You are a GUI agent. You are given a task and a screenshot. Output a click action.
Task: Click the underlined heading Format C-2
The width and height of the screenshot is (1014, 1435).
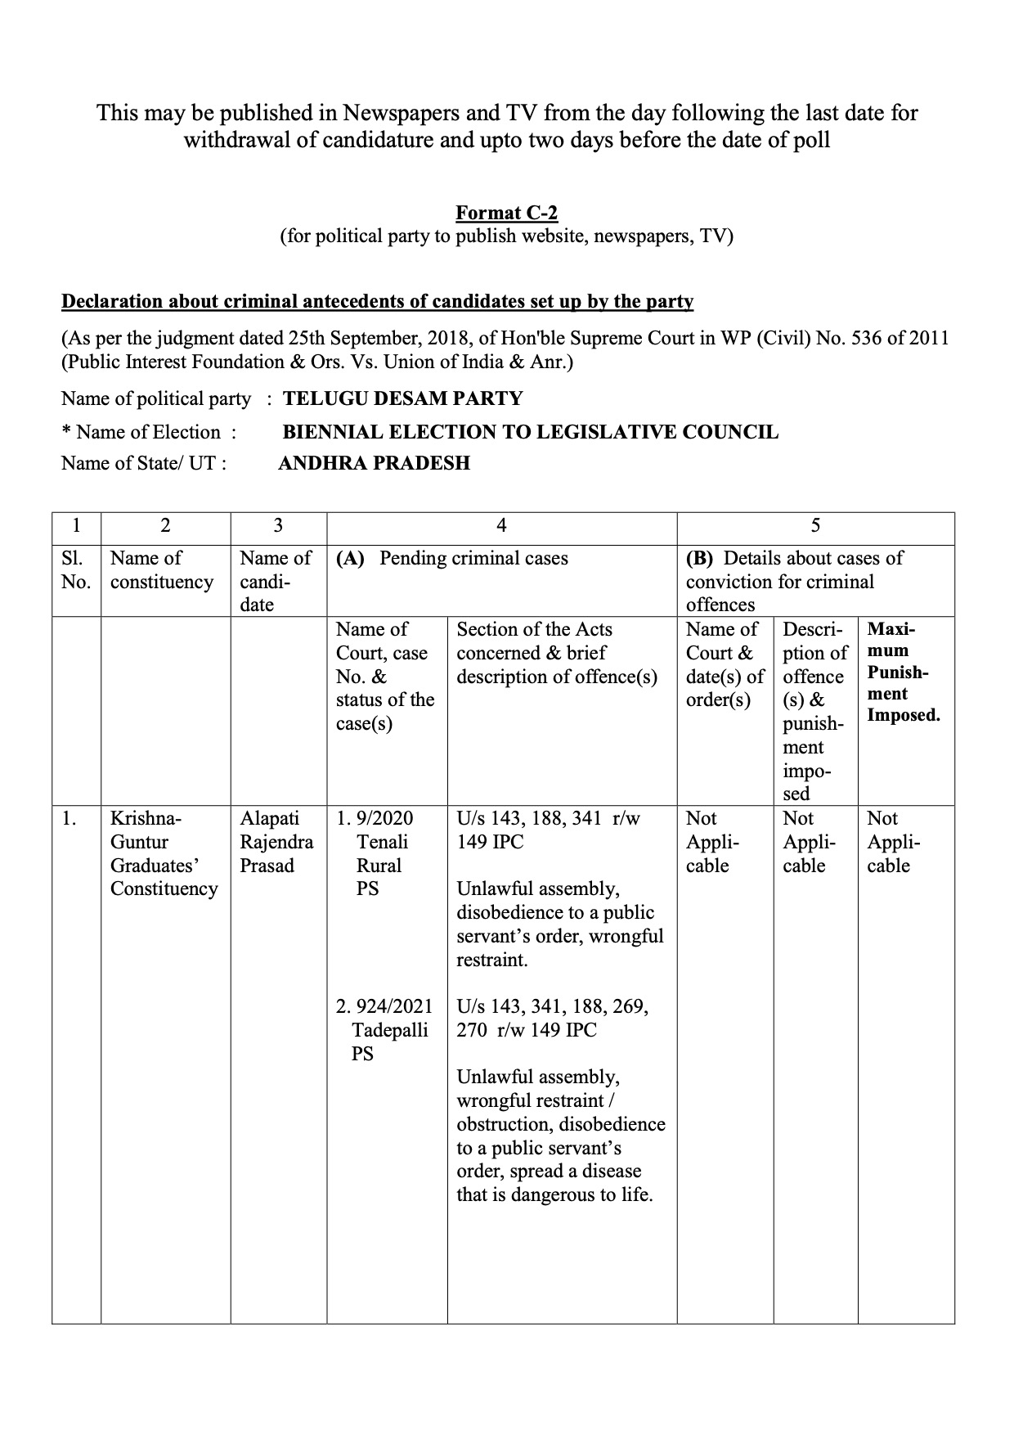(506, 214)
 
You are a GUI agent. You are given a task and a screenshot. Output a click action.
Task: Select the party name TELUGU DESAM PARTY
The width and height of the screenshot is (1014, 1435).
(402, 399)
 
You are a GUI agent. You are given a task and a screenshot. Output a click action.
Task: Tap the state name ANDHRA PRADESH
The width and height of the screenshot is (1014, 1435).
(374, 464)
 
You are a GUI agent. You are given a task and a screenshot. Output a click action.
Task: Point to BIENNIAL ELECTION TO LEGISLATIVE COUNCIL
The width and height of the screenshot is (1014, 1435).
(530, 432)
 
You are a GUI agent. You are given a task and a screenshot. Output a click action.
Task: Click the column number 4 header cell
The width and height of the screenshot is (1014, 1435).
(501, 526)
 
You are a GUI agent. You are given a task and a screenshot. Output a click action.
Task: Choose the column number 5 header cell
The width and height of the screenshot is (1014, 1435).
(814, 526)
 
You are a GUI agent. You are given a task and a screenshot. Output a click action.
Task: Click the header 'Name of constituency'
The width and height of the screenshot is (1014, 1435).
(162, 570)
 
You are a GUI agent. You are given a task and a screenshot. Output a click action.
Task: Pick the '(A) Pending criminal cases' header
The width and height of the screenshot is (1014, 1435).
(452, 559)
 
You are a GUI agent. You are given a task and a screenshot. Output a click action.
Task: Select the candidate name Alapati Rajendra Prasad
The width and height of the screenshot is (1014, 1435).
(276, 842)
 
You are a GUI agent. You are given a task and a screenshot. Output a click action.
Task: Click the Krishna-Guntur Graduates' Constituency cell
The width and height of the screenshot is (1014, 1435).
(164, 853)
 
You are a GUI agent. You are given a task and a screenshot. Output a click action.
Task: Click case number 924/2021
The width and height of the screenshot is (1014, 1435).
(394, 1007)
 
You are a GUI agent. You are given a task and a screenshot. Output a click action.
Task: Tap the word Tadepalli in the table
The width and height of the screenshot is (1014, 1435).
(390, 1031)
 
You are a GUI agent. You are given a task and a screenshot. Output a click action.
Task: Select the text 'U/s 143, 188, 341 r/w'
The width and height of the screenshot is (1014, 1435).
(548, 819)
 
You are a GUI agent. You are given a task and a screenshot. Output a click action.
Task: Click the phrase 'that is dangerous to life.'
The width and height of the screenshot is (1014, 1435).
(554, 1195)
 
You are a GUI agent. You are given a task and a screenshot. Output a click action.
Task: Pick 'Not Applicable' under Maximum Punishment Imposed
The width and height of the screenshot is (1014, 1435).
(893, 842)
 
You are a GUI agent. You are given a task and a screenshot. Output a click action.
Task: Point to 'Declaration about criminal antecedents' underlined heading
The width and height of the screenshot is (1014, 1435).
(377, 302)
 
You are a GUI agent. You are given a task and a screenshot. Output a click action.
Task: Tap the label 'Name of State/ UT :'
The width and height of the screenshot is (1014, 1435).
(144, 464)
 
